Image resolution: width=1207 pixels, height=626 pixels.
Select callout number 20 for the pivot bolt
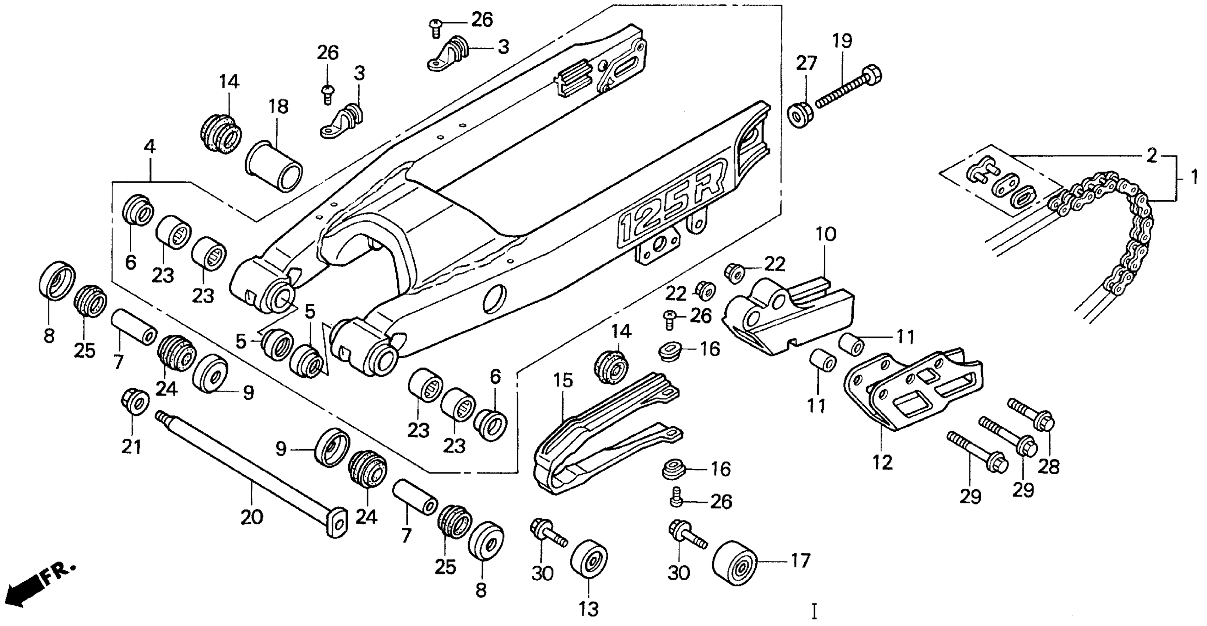pyautogui.click(x=252, y=518)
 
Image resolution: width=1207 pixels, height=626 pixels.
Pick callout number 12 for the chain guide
pyautogui.click(x=883, y=463)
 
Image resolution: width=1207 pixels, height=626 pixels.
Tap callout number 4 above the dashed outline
pyautogui.click(x=150, y=147)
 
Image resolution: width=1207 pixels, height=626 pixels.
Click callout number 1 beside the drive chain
pyautogui.click(x=1194, y=177)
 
